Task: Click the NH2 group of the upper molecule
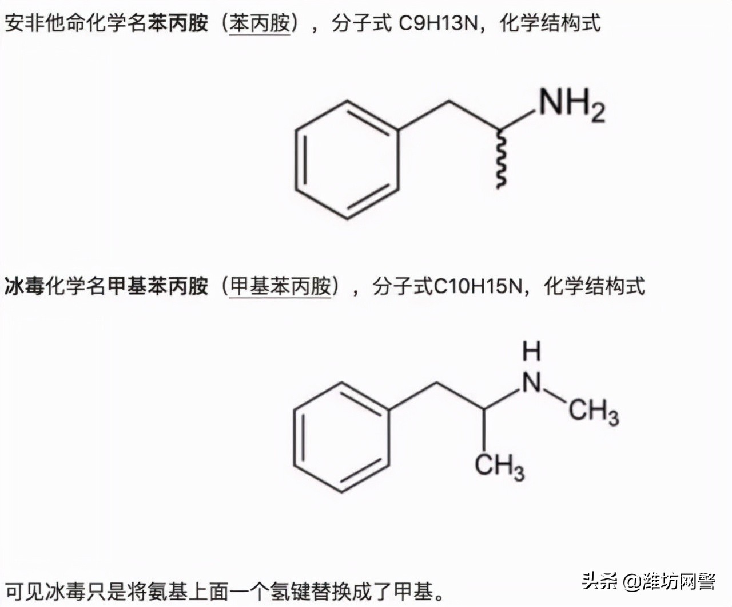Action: coord(570,105)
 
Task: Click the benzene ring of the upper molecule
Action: coord(347,160)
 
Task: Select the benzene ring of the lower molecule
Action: coord(341,437)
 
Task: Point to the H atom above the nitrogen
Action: coord(531,350)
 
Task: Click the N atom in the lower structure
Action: coord(532,382)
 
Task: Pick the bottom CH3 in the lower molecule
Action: coord(499,465)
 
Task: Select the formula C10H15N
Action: coord(478,286)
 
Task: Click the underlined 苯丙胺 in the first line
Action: coord(260,23)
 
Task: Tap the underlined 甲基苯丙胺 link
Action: coord(280,286)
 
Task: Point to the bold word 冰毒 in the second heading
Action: coord(25,286)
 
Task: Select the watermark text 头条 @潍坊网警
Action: coord(649,581)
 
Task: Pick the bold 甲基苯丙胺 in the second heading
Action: coord(157,286)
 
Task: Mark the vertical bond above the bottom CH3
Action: coord(484,429)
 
